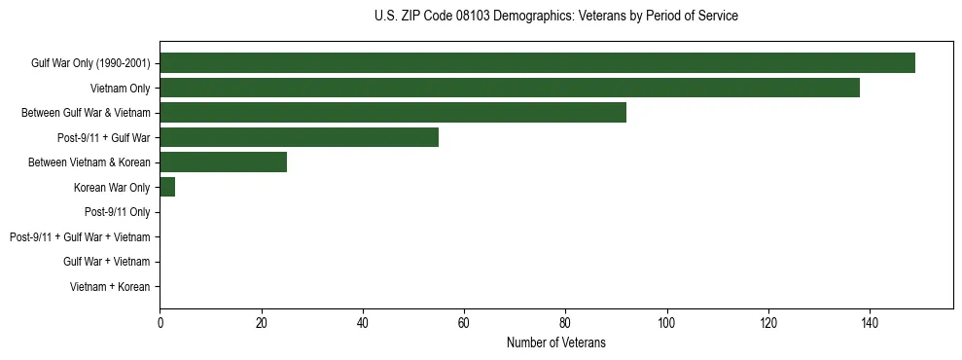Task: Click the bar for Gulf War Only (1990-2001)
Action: point(537,63)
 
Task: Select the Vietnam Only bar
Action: point(510,88)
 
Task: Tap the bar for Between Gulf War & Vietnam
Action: point(393,113)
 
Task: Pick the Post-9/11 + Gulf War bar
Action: point(299,137)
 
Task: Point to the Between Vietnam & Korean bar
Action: point(223,162)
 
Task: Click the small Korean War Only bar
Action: point(167,187)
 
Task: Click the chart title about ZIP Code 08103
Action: point(555,17)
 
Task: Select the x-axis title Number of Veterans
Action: point(555,342)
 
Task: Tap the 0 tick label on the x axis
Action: point(160,323)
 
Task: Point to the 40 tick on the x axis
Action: point(363,323)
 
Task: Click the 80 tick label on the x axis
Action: point(565,323)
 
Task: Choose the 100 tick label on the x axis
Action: point(666,323)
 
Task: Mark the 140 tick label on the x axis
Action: point(870,323)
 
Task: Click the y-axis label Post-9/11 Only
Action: point(117,212)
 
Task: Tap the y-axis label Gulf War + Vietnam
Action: point(106,262)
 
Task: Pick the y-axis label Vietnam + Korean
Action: point(110,287)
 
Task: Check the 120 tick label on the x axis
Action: point(768,323)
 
